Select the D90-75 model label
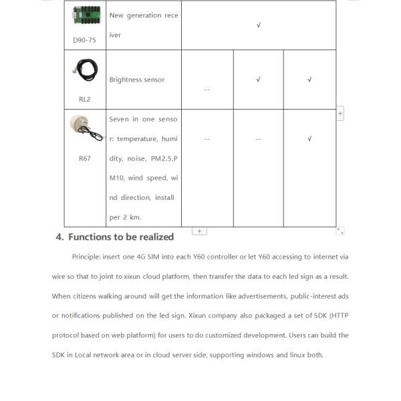coord(84,39)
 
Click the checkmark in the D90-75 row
coord(259,25)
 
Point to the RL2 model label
coord(84,99)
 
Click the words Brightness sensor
coord(136,80)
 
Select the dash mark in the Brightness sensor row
coord(207,90)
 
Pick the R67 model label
coord(84,158)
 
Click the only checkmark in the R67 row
coord(309,139)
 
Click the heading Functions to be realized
coord(121,237)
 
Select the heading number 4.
coord(59,237)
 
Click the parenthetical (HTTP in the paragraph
coord(339,315)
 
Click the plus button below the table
coord(199,231)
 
